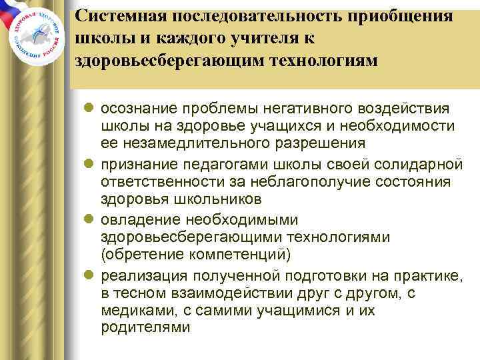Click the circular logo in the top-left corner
click(x=34, y=33)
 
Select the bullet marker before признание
click(x=89, y=165)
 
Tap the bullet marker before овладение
click(x=89, y=219)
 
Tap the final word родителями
click(x=145, y=327)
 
